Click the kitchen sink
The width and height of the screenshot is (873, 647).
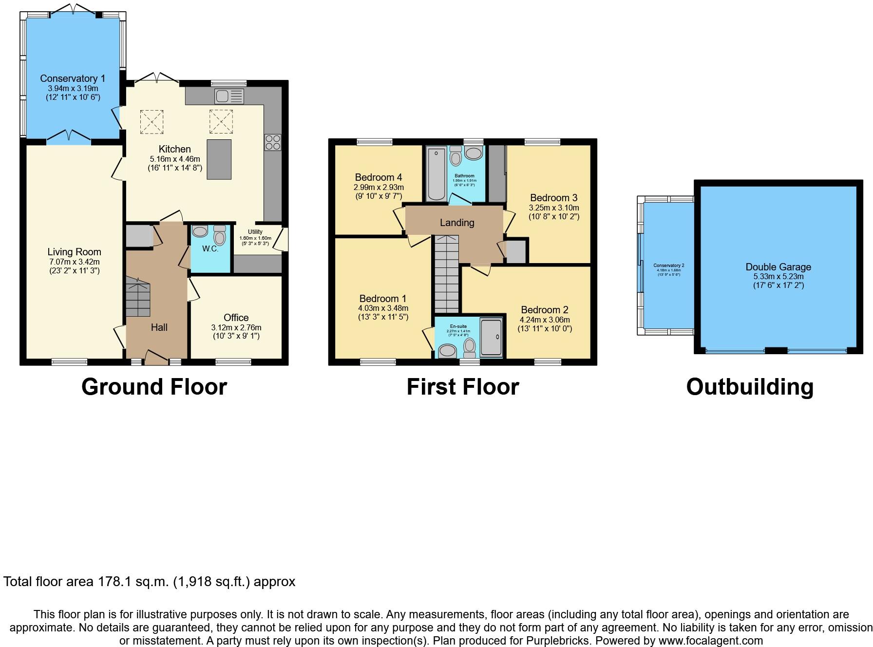[x=229, y=96]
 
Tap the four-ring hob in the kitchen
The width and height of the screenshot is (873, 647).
[x=273, y=142]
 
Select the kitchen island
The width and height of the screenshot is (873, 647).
[x=219, y=159]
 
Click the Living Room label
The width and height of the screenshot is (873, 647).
[x=74, y=252]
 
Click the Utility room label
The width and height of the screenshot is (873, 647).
[x=255, y=232]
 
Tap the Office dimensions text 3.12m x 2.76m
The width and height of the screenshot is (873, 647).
[x=236, y=327]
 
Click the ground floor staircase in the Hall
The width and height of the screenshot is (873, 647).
[x=138, y=297]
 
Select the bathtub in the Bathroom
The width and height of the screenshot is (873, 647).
[x=436, y=174]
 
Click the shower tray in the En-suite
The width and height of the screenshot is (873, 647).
[x=491, y=337]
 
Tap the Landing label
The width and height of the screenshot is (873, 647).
[x=456, y=223]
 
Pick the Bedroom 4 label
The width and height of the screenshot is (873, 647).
[x=378, y=177]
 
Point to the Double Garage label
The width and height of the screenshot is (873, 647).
[x=778, y=267]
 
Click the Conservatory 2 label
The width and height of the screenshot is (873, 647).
[x=668, y=266]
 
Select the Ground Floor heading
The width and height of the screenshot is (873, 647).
[x=154, y=387]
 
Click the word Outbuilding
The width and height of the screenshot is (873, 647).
[x=749, y=387]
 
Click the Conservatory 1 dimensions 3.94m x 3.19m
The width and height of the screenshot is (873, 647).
[x=73, y=89]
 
